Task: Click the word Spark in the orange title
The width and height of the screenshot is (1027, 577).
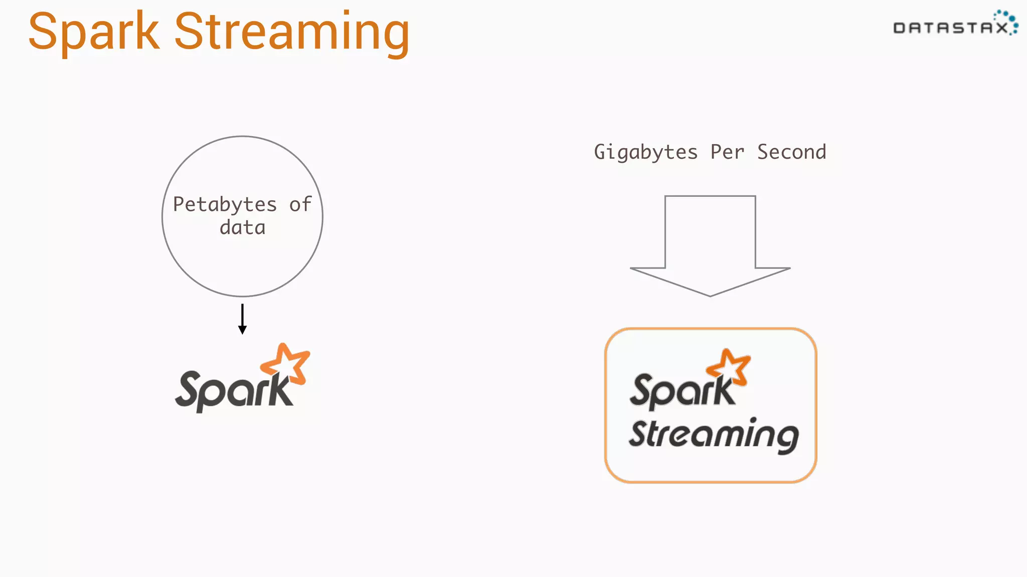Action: pos(94,32)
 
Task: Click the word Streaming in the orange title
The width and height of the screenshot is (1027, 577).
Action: pos(292,33)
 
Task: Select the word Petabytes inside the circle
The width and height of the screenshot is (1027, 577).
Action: pos(225,204)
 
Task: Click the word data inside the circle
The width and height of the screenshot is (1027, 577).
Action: pos(242,228)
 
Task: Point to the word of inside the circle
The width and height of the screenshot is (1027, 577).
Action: pos(300,204)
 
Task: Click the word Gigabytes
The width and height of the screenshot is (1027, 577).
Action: pos(646,152)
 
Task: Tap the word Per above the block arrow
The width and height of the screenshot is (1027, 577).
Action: pos(727,152)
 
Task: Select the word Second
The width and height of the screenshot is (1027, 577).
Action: pos(792,152)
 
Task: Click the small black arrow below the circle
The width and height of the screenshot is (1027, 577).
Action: pos(242,318)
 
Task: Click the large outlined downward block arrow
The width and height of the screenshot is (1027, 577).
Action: pos(710,245)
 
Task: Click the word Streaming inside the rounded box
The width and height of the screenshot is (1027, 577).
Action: pos(714,435)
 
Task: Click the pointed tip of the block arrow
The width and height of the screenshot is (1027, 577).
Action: pos(710,295)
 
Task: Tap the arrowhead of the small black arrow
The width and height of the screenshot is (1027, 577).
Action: pos(242,330)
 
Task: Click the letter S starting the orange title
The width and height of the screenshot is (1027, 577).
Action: pos(42,32)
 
